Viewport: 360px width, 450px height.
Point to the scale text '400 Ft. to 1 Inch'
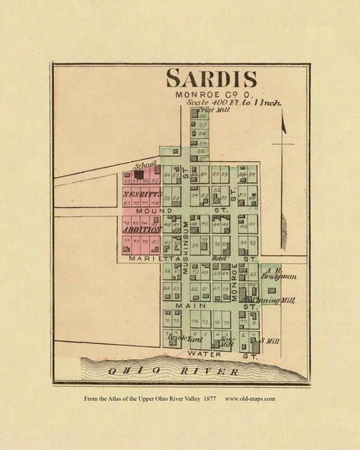(x=234, y=103)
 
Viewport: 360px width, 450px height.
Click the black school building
(x=138, y=174)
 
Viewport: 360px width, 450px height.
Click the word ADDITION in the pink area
(x=141, y=229)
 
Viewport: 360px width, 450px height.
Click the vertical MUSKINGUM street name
(x=184, y=245)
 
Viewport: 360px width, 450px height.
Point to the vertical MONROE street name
(x=234, y=284)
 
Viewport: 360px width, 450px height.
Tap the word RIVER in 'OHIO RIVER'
(x=215, y=372)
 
